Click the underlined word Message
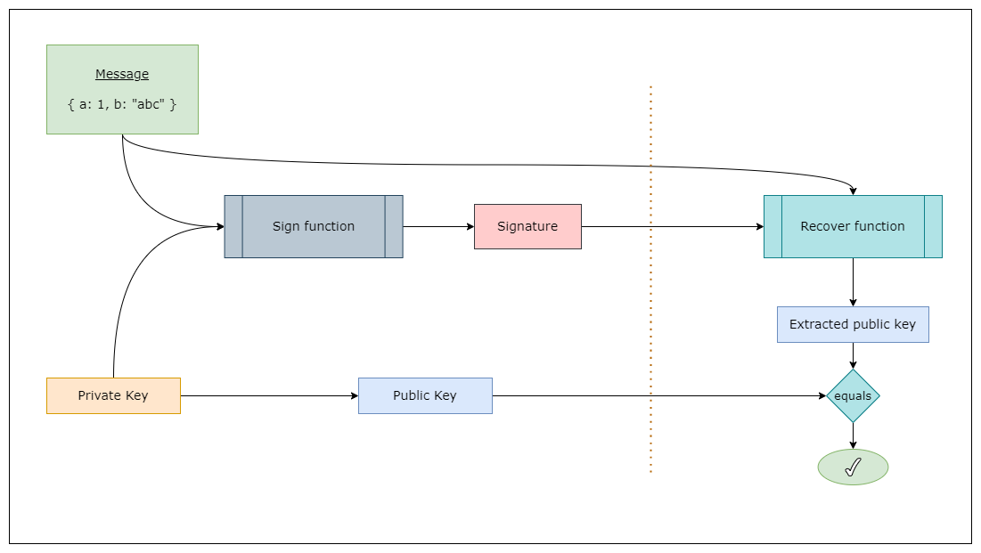122,75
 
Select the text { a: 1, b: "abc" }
122,104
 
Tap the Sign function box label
313,226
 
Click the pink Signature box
527,226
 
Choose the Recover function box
853,226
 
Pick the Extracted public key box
853,324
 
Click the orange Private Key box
113,395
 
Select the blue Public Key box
425,395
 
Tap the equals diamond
853,396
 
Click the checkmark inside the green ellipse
853,468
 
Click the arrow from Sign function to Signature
437,226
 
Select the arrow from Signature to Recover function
673,226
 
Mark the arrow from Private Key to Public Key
267,395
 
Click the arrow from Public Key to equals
659,395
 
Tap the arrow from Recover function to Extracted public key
853,282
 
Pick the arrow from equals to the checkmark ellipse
853,435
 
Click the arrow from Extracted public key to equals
853,355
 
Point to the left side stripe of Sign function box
233,226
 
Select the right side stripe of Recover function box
933,226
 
